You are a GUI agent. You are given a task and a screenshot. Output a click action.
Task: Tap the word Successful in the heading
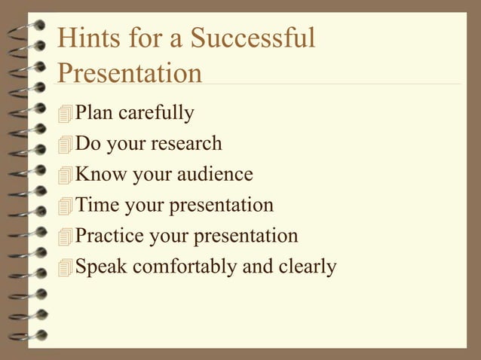[253, 38]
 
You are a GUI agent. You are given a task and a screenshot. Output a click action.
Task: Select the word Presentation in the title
[130, 73]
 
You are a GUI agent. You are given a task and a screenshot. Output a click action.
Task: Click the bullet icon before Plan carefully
[66, 114]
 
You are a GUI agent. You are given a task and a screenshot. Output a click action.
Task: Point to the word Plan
[95, 113]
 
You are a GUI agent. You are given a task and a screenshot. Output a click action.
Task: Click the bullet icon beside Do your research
[66, 145]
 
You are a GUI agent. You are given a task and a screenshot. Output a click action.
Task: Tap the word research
[191, 143]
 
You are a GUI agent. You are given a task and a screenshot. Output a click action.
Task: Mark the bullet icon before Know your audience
[66, 176]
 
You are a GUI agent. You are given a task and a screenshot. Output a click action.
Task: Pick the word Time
[97, 205]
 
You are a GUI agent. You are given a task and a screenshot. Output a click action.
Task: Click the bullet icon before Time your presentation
[66, 207]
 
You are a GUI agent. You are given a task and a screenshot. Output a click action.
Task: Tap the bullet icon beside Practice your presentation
[66, 238]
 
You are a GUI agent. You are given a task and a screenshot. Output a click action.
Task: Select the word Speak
[102, 267]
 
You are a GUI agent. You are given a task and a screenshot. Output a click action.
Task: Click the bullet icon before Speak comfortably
[66, 269]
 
